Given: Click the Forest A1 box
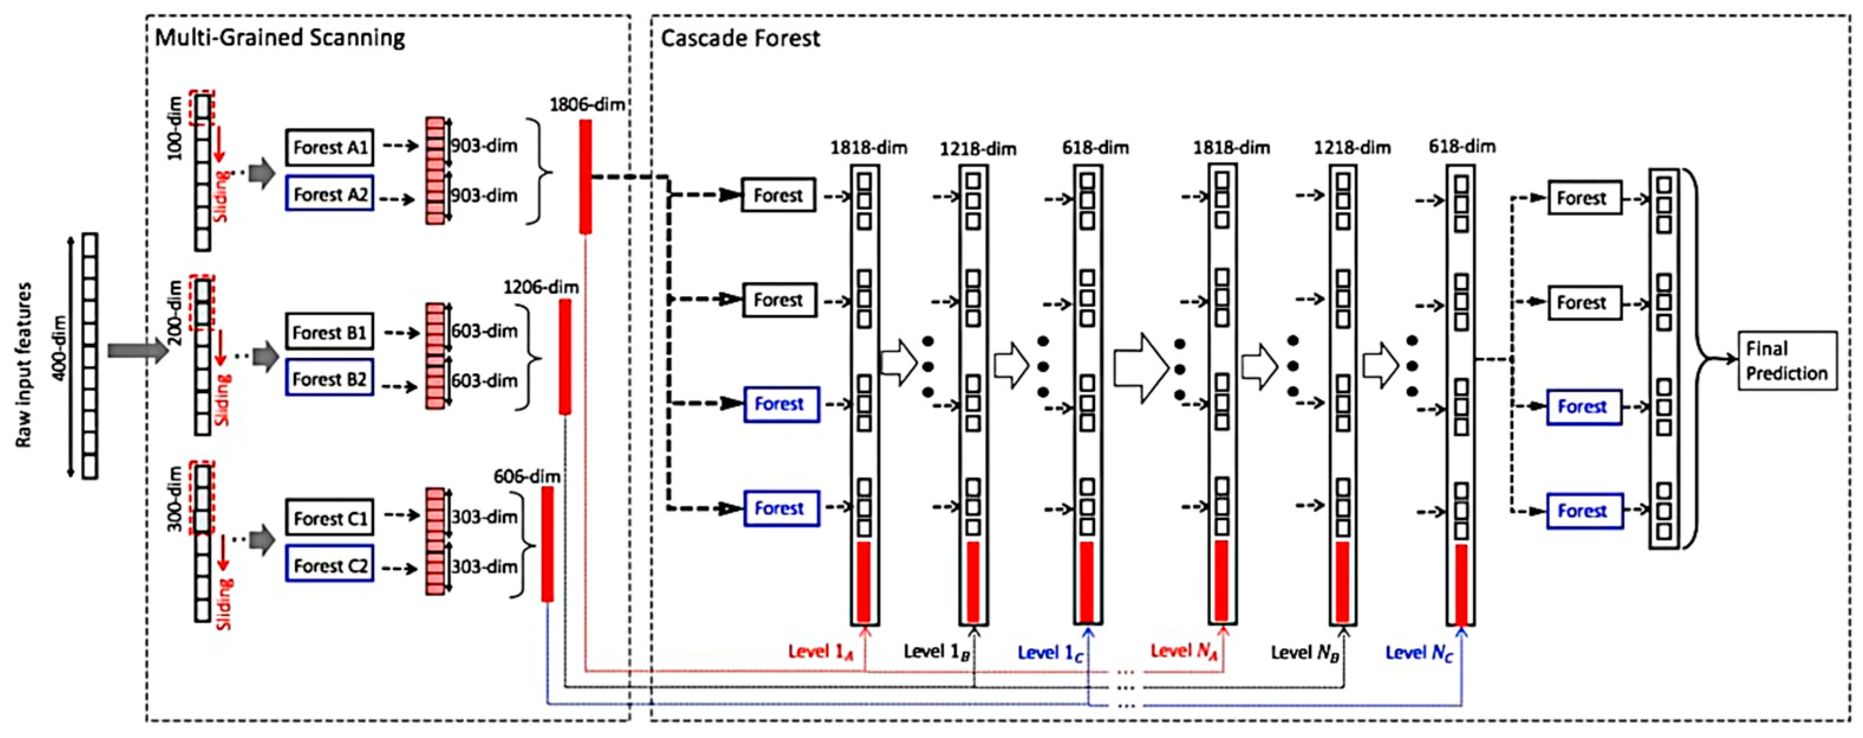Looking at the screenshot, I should (x=330, y=148).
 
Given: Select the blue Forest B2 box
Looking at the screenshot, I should (x=330, y=378).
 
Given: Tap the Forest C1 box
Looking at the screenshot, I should (x=330, y=518).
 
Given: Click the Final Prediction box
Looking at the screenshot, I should (x=1786, y=361).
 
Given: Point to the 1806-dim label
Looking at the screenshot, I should (x=587, y=105).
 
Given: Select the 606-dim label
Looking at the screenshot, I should (x=526, y=476).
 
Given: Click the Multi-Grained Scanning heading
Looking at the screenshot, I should (x=280, y=38).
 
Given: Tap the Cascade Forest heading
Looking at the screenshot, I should (x=740, y=38).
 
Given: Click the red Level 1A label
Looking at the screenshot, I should (x=821, y=652).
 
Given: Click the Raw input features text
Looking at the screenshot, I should (x=24, y=365).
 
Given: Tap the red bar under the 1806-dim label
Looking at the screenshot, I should (x=585, y=177).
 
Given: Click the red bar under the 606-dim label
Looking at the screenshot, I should (x=548, y=543).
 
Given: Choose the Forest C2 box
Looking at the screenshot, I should (x=330, y=565).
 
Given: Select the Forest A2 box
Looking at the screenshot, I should (x=330, y=194).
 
